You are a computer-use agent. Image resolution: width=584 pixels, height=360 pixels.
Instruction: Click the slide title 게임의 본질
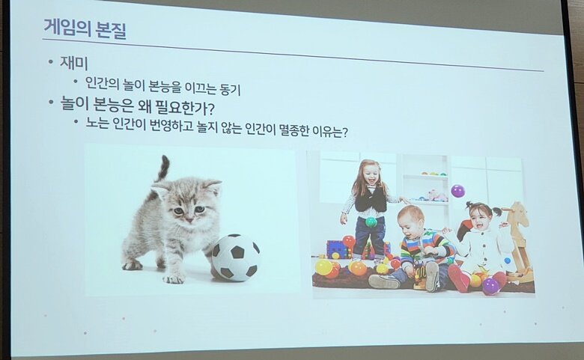click(x=85, y=28)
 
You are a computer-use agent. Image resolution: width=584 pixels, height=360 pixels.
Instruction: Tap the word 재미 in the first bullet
click(x=73, y=63)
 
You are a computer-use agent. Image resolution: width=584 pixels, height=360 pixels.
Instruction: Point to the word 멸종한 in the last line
click(x=293, y=131)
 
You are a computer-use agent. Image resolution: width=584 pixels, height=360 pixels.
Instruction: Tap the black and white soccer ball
click(x=236, y=257)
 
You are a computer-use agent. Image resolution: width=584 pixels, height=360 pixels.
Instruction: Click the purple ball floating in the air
click(x=457, y=191)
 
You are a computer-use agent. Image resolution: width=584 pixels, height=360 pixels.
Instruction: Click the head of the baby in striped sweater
click(x=411, y=222)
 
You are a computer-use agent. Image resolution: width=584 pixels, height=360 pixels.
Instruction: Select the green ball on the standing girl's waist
click(x=371, y=222)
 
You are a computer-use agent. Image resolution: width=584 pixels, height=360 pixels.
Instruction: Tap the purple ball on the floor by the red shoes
click(x=490, y=287)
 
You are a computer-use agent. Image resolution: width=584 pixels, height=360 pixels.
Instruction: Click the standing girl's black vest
click(x=370, y=198)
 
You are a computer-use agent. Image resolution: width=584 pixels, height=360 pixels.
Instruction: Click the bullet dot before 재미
click(x=51, y=62)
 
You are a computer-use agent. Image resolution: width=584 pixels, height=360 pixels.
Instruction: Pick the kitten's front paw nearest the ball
click(x=173, y=278)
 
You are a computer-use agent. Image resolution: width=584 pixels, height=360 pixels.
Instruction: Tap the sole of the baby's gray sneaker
click(x=432, y=276)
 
